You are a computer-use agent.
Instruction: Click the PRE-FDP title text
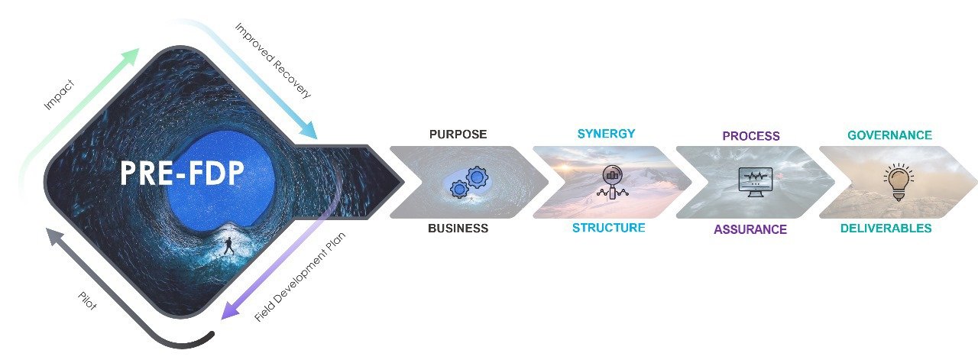(x=182, y=174)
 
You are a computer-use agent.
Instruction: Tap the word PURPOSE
(x=458, y=135)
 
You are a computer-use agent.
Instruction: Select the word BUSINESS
(x=458, y=228)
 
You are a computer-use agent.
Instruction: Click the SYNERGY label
(x=606, y=134)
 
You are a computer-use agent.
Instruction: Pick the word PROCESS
(x=751, y=136)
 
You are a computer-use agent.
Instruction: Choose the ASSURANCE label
(x=750, y=229)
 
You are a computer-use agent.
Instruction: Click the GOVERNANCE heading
(x=889, y=135)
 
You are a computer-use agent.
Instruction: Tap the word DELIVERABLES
(x=886, y=228)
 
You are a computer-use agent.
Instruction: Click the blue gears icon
(x=468, y=182)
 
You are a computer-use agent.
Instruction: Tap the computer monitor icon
(x=755, y=182)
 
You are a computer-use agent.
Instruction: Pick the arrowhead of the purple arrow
(x=224, y=313)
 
